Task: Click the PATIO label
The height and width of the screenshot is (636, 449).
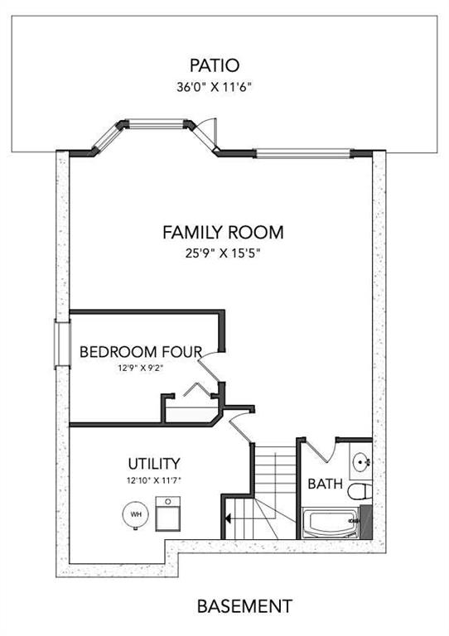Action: click(x=215, y=65)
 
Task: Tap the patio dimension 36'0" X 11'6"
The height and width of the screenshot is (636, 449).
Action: click(x=215, y=87)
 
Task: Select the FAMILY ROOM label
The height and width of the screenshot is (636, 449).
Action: click(x=223, y=233)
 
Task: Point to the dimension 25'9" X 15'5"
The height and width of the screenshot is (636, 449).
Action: click(x=222, y=254)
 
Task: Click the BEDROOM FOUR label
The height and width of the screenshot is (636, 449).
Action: click(x=141, y=351)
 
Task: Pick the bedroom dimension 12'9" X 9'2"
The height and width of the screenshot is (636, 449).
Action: click(x=141, y=369)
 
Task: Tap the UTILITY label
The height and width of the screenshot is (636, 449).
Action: click(x=154, y=463)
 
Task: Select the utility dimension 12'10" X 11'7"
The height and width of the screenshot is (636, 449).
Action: click(x=154, y=480)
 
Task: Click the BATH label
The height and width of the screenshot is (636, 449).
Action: click(x=325, y=484)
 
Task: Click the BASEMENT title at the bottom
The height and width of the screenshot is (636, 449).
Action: click(x=244, y=606)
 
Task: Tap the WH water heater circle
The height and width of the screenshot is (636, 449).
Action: click(x=136, y=514)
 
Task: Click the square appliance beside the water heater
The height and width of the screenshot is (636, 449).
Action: click(x=169, y=513)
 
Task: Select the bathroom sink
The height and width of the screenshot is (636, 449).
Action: click(x=361, y=461)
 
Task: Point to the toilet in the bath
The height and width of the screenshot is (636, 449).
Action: click(x=360, y=491)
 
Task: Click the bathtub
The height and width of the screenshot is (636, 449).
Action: click(x=331, y=523)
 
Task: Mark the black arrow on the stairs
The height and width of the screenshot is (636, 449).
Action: click(x=228, y=518)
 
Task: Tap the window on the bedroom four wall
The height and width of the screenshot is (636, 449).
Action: click(x=62, y=344)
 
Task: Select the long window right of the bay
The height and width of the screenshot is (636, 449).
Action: click(x=303, y=153)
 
